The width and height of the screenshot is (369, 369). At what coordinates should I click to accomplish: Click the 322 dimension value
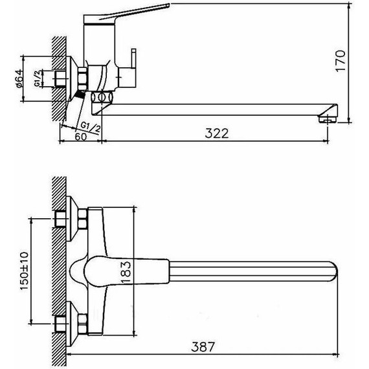point(217,133)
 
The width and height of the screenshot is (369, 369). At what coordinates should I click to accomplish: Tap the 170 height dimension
point(341,61)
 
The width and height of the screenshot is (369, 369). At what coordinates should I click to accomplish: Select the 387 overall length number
point(203,346)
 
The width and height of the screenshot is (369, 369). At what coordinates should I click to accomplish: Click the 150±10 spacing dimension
point(24,271)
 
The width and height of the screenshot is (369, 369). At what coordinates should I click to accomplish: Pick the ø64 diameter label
point(20,79)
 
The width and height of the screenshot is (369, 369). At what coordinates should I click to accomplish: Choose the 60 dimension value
point(81,137)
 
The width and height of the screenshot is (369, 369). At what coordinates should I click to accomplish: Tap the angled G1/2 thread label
point(91,128)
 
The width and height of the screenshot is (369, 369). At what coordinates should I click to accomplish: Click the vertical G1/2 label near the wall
point(38,78)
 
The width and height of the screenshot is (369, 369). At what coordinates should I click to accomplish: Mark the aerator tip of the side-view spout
point(328,119)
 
